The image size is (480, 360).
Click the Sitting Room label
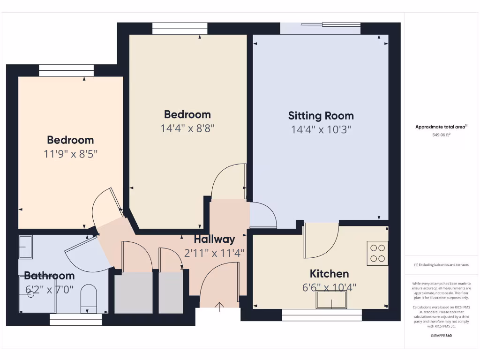pos(321,116)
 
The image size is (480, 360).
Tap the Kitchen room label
pos(329,274)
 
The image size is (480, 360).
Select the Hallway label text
pos(214,240)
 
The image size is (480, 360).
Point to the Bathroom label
pos(49,276)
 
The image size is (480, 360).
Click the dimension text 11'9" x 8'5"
pos(70,154)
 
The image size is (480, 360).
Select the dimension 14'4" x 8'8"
pos(187,128)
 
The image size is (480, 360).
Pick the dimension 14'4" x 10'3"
pos(321,129)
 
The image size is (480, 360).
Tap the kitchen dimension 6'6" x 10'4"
pos(329,287)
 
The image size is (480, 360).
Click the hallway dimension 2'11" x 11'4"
pos(214,253)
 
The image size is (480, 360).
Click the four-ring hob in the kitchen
pos(377,253)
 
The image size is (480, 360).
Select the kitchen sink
pos(331,300)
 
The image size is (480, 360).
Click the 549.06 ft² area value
pos(441,135)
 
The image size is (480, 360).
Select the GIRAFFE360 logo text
pos(441,336)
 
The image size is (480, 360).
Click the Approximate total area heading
pos(441,127)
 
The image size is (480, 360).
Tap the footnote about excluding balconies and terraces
pos(441,265)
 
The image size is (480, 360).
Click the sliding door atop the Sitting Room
pos(321,28)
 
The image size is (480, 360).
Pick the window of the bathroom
pos(75,320)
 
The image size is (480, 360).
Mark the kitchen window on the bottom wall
pos(322,315)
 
